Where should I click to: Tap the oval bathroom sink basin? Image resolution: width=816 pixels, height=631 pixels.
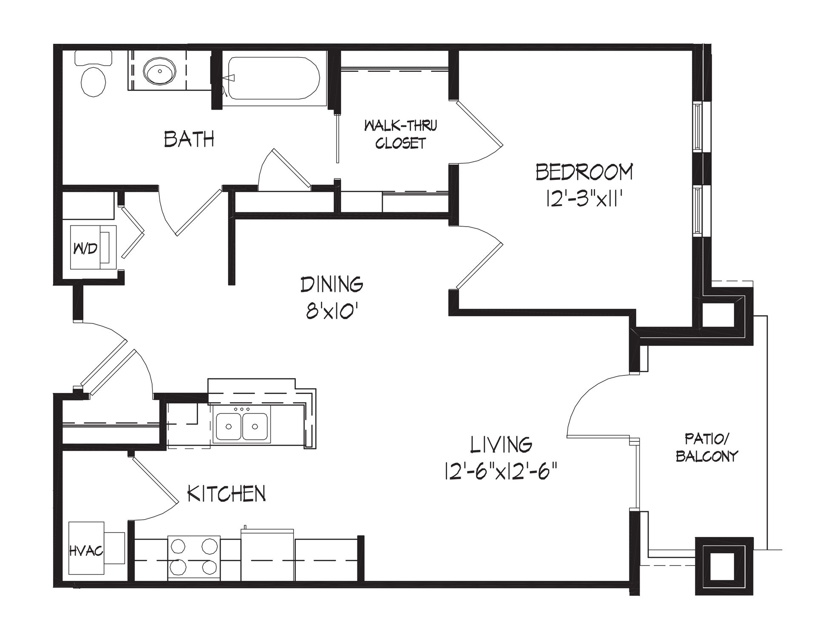click(x=159, y=71)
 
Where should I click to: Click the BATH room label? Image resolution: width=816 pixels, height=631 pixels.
click(x=189, y=139)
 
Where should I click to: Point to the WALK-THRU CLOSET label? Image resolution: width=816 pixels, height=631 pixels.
click(x=400, y=134)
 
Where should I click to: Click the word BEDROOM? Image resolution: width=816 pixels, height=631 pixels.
click(x=584, y=172)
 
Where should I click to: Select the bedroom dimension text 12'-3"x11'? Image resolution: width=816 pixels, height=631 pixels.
click(x=584, y=198)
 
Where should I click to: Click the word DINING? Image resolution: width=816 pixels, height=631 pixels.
click(x=332, y=284)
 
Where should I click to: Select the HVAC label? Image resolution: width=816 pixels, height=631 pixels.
click(x=86, y=551)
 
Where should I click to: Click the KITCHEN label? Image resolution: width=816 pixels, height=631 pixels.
click(x=227, y=493)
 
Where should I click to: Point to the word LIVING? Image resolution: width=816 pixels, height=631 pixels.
click(x=501, y=445)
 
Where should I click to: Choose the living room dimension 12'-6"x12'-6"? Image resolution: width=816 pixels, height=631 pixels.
click(x=501, y=472)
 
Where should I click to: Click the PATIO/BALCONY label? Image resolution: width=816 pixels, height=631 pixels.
click(x=707, y=447)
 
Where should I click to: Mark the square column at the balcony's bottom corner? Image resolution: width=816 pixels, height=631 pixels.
click(x=724, y=566)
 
